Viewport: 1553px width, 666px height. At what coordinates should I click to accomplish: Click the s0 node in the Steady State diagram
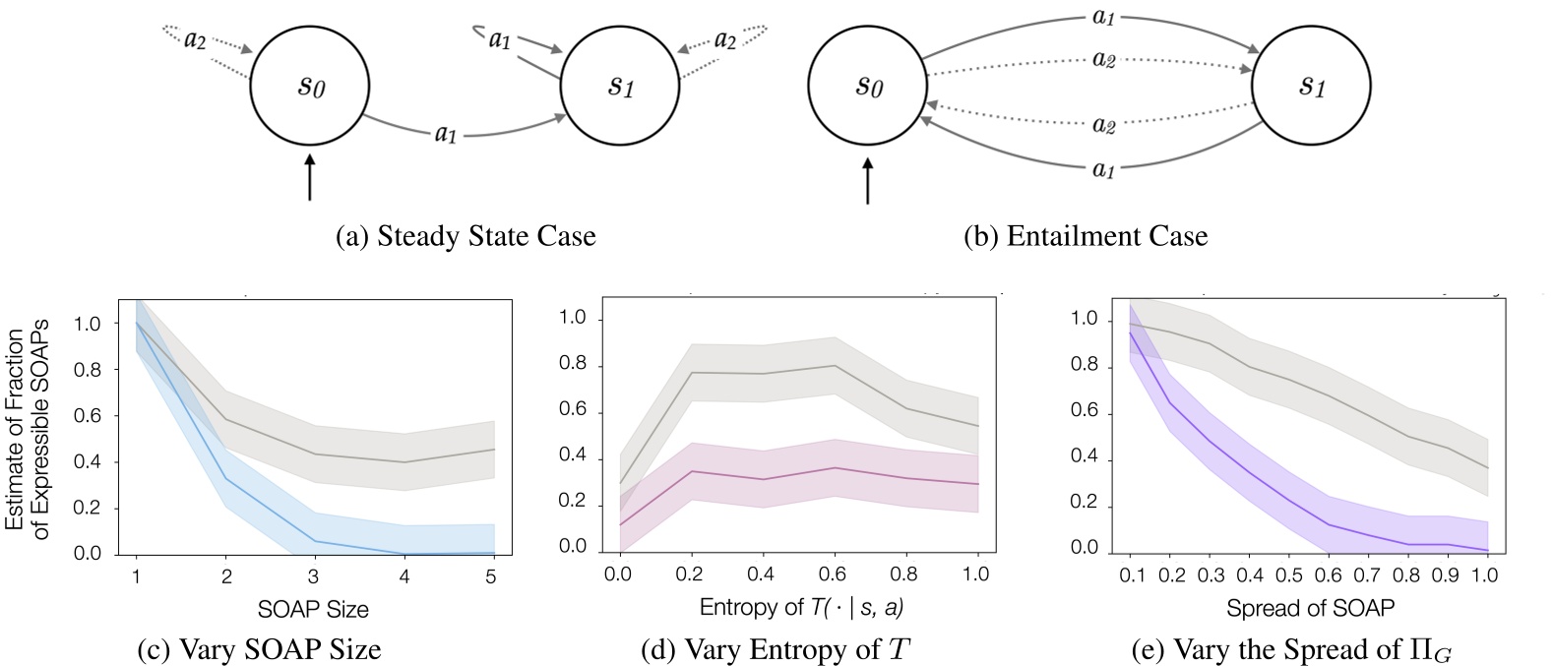[x=309, y=86]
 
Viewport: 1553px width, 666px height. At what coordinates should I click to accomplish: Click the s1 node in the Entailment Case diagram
[x=1312, y=87]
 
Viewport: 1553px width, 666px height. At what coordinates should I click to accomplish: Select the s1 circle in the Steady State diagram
[x=619, y=86]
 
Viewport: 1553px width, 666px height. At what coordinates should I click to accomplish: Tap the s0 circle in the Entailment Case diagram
[x=866, y=87]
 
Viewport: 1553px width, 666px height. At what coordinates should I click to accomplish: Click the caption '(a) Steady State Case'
[x=466, y=237]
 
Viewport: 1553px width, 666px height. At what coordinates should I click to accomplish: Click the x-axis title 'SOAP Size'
[x=313, y=610]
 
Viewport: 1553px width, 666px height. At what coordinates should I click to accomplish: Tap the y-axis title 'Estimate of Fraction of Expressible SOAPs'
[x=29, y=428]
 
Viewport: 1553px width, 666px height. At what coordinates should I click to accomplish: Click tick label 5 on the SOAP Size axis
[x=493, y=575]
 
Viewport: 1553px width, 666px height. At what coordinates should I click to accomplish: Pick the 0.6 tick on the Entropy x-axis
[x=835, y=573]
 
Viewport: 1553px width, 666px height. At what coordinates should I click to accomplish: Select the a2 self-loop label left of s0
[x=195, y=39]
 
